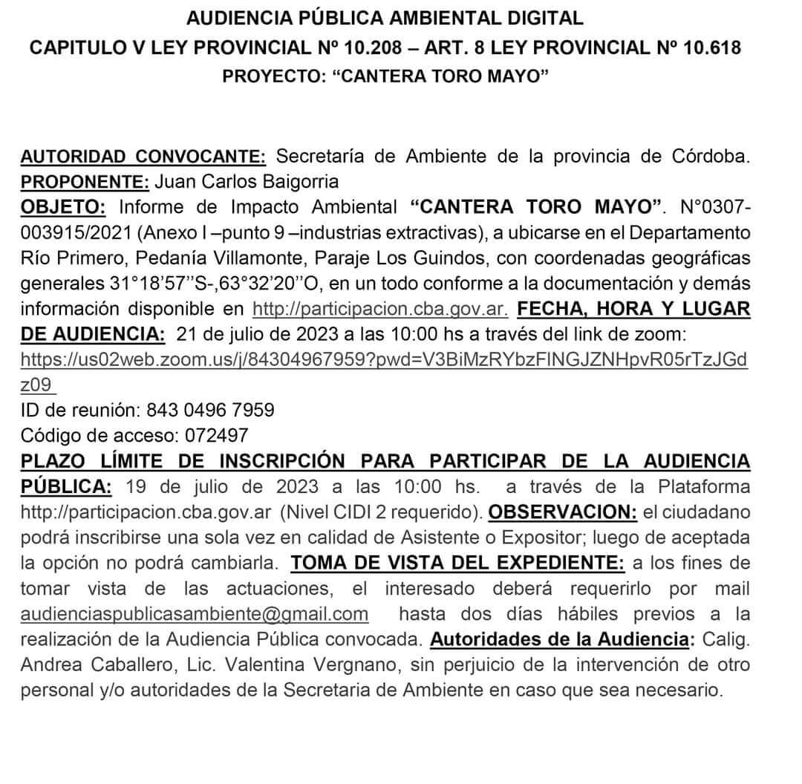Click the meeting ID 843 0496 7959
(x=210, y=409)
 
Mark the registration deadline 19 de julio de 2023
(x=223, y=487)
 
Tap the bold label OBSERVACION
(x=563, y=512)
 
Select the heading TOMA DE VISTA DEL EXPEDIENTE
(x=458, y=563)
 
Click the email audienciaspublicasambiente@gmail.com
(x=195, y=614)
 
